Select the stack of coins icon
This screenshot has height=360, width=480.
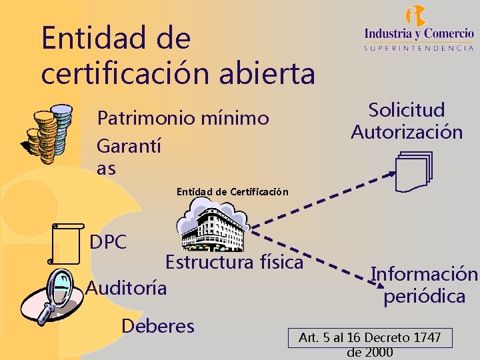pyautogui.click(x=47, y=133)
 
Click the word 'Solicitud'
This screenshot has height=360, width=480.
pyautogui.click(x=407, y=110)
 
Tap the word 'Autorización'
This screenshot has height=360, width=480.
pyautogui.click(x=407, y=132)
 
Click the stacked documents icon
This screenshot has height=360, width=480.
pyautogui.click(x=413, y=170)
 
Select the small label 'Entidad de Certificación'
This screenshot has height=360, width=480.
pyautogui.click(x=232, y=192)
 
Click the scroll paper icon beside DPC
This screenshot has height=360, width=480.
pyautogui.click(x=67, y=244)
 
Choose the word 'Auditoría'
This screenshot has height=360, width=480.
pyautogui.click(x=127, y=288)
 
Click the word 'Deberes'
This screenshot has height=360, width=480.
pyautogui.click(x=158, y=326)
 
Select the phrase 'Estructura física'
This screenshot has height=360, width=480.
pyautogui.click(x=234, y=262)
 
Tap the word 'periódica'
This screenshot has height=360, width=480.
pyautogui.click(x=424, y=296)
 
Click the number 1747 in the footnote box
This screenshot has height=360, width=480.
pyautogui.click(x=426, y=338)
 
